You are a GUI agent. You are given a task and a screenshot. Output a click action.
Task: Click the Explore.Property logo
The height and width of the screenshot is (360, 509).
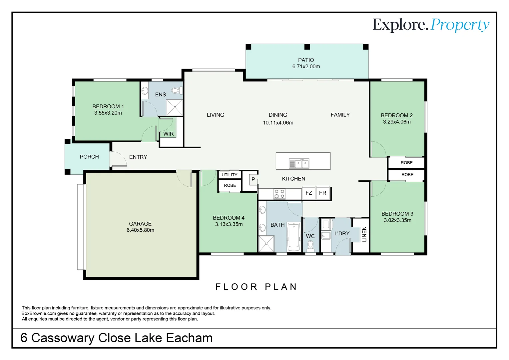(430, 25)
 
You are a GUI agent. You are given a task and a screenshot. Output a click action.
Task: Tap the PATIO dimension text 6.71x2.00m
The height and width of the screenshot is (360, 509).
(306, 67)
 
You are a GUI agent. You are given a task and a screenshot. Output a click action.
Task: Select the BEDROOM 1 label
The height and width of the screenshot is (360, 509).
(108, 106)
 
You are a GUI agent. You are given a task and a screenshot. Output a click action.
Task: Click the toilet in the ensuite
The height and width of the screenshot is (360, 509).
(176, 90)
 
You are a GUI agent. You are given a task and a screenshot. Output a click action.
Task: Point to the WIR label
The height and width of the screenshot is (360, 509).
(168, 134)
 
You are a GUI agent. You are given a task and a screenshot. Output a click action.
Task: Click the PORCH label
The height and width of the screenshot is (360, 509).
(89, 157)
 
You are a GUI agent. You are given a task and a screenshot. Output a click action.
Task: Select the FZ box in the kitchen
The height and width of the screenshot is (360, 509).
(308, 193)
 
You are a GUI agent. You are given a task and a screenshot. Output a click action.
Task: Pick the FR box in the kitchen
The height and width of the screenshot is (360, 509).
(322, 193)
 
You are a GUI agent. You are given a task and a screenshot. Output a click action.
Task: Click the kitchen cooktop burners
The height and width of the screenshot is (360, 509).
(279, 194)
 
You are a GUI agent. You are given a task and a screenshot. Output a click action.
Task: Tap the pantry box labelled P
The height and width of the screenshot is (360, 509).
(253, 180)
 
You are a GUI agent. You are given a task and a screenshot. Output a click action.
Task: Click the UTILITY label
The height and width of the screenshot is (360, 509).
(229, 175)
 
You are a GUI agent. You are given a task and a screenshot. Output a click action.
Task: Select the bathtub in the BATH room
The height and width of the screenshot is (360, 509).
(293, 237)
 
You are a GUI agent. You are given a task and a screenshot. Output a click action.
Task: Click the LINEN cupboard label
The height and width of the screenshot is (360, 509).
(364, 234)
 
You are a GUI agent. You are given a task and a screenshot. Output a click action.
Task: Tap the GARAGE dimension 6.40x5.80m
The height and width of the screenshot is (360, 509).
(140, 230)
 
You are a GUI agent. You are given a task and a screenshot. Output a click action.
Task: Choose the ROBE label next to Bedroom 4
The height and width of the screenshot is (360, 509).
(230, 185)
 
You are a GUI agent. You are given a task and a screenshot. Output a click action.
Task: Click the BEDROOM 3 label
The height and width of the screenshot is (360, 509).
(397, 214)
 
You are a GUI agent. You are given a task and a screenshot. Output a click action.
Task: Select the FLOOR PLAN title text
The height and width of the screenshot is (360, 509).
(256, 287)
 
